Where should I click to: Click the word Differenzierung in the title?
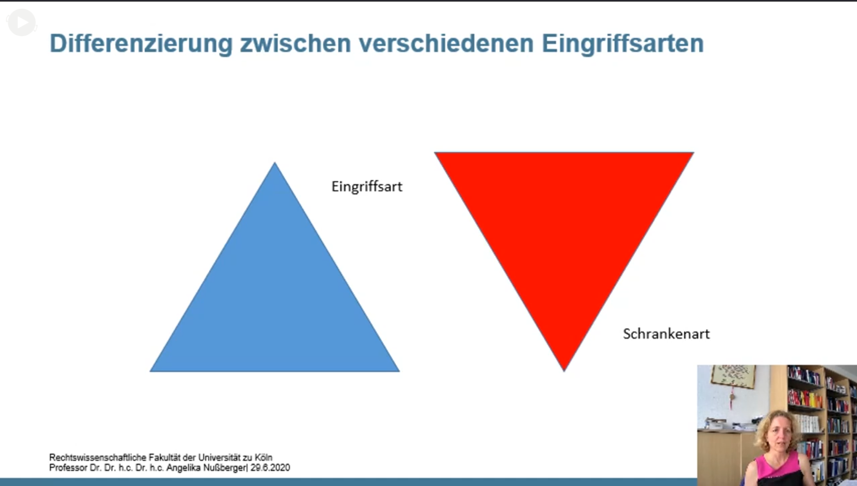141,44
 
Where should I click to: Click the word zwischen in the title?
296,43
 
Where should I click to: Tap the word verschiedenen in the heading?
446,43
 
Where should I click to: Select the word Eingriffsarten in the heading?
622,44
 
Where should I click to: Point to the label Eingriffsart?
367,187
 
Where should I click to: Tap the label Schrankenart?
666,334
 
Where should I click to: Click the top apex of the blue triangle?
275,163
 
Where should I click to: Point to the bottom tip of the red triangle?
564,370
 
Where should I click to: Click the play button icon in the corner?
22,23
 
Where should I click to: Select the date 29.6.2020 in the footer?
270,467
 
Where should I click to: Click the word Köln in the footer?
263,457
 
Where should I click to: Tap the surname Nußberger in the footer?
226,468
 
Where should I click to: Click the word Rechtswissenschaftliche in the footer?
97,457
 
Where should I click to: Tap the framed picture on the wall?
733,376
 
